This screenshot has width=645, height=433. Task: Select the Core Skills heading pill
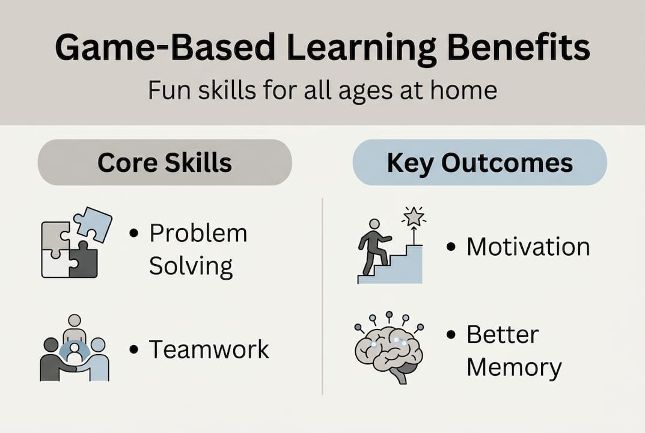[165, 162]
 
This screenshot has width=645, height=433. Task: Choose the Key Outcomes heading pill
[480, 162]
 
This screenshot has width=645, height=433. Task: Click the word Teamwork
[209, 349]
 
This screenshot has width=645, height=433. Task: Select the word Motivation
[528, 247]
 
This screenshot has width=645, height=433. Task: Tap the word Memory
[514, 367]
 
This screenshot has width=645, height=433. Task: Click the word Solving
[191, 266]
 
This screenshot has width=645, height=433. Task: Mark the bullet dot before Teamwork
[134, 349]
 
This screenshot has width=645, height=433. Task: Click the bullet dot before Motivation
[451, 247]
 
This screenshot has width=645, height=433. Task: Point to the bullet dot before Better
[451, 334]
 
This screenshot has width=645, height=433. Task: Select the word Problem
[198, 233]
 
